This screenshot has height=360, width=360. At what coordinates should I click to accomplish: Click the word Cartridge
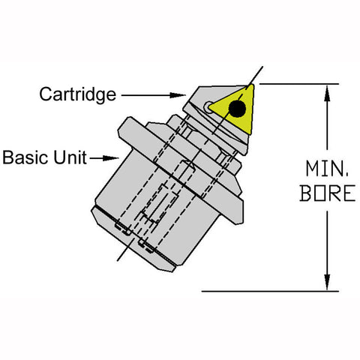point(78,94)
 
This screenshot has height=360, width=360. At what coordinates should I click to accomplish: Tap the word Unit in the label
point(70,157)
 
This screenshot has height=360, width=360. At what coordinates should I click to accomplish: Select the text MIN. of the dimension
point(327,169)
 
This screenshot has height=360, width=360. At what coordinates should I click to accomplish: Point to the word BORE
point(328,193)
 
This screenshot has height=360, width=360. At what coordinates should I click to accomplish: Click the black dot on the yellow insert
point(237,109)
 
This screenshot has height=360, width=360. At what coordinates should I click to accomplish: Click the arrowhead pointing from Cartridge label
point(178,95)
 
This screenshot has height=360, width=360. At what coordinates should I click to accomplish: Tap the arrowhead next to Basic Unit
point(111,158)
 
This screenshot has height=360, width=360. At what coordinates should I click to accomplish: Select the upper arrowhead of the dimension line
point(327,93)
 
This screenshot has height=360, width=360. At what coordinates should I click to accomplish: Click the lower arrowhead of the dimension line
point(327,282)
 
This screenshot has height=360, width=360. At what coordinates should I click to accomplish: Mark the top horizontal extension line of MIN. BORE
point(299,84)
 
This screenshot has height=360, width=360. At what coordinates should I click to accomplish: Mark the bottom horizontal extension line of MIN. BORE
point(270,291)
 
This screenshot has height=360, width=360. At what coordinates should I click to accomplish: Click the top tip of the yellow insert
point(251,85)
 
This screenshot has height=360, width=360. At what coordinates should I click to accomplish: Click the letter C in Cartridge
point(46,94)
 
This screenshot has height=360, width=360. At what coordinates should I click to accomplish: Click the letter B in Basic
point(8,157)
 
